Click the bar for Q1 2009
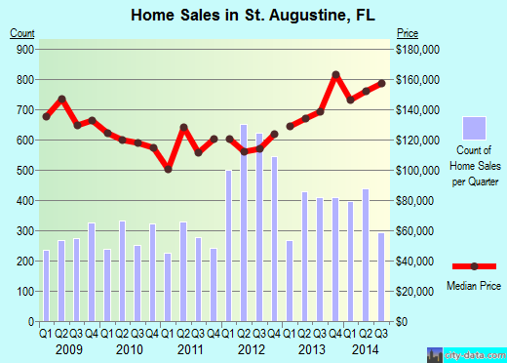click(x=46, y=286)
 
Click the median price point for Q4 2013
click(x=335, y=75)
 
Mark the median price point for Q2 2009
click(x=61, y=99)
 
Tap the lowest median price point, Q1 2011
click(x=168, y=169)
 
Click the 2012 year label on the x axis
click(x=251, y=348)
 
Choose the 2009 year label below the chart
click(x=68, y=348)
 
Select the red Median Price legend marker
click(x=474, y=265)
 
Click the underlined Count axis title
click(x=22, y=33)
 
